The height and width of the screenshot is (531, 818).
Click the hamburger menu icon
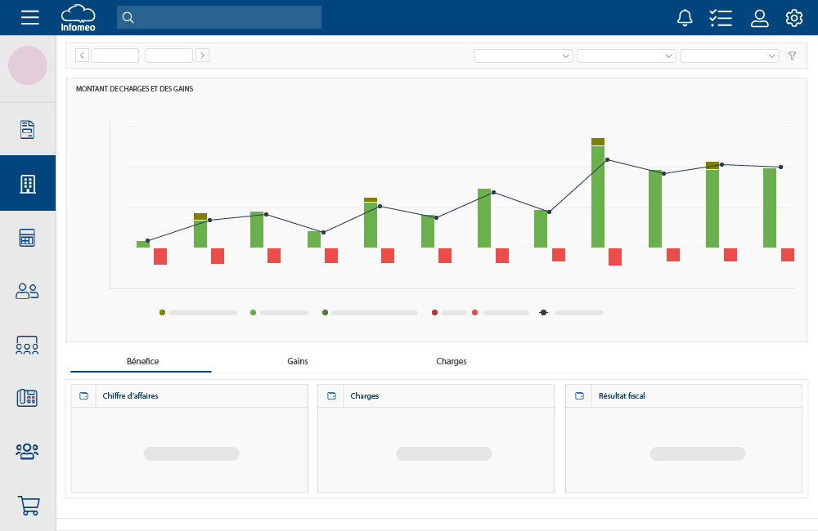pyautogui.click(x=29, y=17)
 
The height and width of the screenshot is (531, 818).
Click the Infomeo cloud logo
pyautogui.click(x=78, y=17)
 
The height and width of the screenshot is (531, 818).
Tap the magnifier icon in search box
pyautogui.click(x=128, y=18)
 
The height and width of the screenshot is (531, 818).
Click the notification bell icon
pyautogui.click(x=685, y=18)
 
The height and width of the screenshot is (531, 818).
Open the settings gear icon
pyautogui.click(x=793, y=18)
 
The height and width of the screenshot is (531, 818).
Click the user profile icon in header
pyautogui.click(x=760, y=18)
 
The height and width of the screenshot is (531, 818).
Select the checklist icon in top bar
pyautogui.click(x=721, y=18)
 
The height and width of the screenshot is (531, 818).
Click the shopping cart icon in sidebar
pyautogui.click(x=28, y=506)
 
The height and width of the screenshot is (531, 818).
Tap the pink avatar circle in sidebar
pyautogui.click(x=28, y=66)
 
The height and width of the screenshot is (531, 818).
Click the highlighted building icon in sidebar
pyautogui.click(x=28, y=184)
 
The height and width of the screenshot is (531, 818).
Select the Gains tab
pyautogui.click(x=298, y=361)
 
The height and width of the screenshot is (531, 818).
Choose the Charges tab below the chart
pyautogui.click(x=452, y=361)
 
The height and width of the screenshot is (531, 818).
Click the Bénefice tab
pyautogui.click(x=142, y=361)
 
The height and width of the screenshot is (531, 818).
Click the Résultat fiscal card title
pyautogui.click(x=622, y=396)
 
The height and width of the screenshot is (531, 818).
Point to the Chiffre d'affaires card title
pyautogui.click(x=131, y=396)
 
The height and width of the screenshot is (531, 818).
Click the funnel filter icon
pyautogui.click(x=792, y=56)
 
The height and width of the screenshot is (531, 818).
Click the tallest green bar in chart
pyautogui.click(x=598, y=196)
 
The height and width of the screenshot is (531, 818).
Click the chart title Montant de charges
pyautogui.click(x=134, y=88)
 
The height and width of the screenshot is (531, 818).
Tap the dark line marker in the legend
pyautogui.click(x=544, y=313)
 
